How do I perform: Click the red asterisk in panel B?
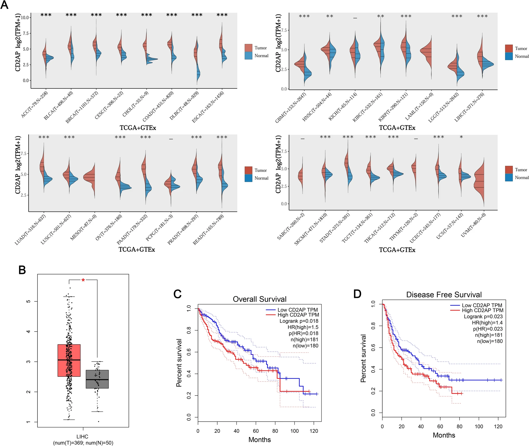[x=83, y=280]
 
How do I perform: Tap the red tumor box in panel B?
[x=69, y=360]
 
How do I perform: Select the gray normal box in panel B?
[x=97, y=379]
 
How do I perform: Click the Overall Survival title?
[x=259, y=299]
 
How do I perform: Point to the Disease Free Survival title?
[x=444, y=295]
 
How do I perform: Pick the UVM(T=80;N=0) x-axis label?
[x=473, y=225]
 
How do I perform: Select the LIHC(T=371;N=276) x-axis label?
[x=469, y=107]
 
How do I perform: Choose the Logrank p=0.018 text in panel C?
[x=299, y=321]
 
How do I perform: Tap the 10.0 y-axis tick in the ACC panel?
[x=25, y=18]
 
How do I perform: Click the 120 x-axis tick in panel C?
[x=314, y=431]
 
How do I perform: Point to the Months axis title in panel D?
[x=444, y=435]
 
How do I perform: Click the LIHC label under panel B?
[x=82, y=437]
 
